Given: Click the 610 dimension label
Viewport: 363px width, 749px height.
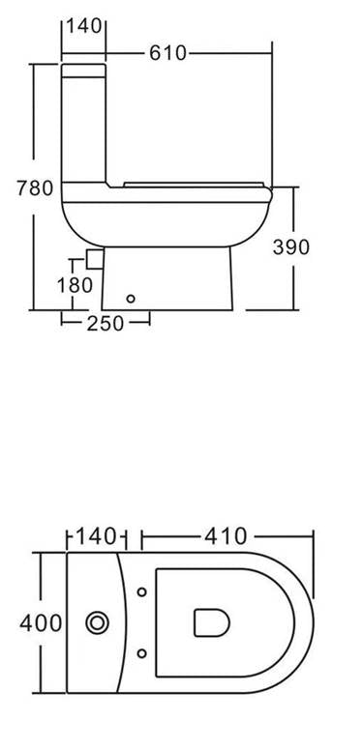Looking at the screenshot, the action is (167, 53).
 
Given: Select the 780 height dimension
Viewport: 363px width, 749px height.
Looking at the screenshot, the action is (35, 187).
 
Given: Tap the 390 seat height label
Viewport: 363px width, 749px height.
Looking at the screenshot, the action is (290, 246).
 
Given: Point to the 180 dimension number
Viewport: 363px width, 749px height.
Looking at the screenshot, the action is (75, 285).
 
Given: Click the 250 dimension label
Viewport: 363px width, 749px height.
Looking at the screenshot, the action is (106, 324).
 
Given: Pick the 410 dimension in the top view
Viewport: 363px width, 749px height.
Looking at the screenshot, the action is (226, 536).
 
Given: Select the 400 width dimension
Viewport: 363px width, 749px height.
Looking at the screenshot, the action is (41, 623).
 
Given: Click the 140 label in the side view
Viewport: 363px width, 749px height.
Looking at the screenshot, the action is (83, 26).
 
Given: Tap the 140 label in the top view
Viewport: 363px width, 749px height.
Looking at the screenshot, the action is (96, 536).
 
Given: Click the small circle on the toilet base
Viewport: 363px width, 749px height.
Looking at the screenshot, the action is (131, 299).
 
